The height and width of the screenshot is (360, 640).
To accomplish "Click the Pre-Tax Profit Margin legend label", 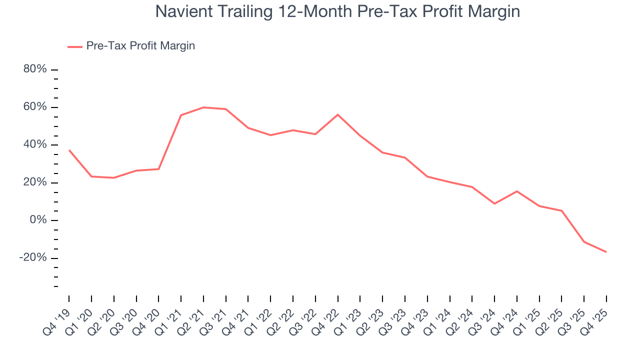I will tap(140, 46).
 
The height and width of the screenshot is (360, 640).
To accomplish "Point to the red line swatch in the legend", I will tap(75, 46).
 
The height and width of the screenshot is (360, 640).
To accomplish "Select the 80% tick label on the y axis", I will tap(35, 69).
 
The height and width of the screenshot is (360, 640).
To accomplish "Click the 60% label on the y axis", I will tap(35, 107).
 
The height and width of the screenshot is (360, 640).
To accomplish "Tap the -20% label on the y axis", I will tap(33, 258).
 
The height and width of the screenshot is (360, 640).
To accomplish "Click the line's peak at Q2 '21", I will tap(203, 107).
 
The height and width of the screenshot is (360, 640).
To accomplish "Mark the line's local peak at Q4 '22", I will tap(338, 114).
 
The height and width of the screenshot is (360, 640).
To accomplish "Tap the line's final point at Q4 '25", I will tap(606, 252).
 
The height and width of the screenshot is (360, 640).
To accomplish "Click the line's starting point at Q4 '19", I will tap(69, 150).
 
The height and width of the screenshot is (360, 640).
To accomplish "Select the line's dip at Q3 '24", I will tap(494, 203).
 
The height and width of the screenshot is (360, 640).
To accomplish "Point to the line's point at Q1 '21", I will tap(181, 115).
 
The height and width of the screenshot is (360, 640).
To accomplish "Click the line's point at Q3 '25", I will tap(584, 242).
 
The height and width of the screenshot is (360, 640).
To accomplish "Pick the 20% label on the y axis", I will tap(35, 182).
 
